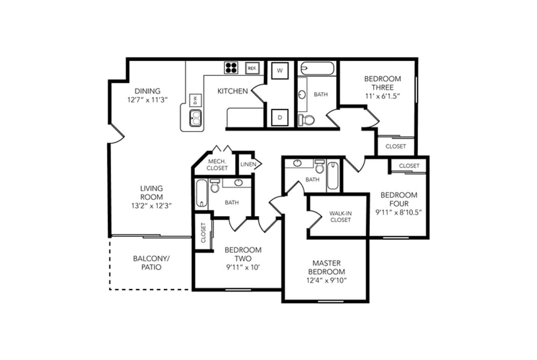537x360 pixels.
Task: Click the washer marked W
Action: coord(280,70)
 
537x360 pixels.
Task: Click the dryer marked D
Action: coord(280,118)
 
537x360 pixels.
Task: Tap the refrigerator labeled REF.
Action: coord(252,68)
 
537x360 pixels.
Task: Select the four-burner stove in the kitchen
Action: coord(231,68)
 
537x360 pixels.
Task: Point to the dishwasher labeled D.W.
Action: coord(195,100)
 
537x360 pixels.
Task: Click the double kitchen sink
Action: coord(195,118)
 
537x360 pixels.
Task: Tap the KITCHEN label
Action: coord(233,91)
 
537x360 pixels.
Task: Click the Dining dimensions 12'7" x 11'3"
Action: coord(147,100)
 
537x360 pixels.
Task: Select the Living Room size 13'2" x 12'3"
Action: coord(151,206)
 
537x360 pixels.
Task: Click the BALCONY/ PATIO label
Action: coord(151,263)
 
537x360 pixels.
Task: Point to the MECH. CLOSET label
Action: coord(217,165)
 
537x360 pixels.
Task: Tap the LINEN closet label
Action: coord(248,164)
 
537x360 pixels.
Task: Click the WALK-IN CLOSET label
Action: coord(340,217)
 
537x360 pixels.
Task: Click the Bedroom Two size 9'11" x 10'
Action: coord(243,267)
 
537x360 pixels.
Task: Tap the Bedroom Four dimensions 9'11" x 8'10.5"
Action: coord(398,212)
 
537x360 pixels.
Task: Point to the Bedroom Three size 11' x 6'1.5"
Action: coord(382,96)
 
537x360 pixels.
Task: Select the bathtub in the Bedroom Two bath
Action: coord(202,193)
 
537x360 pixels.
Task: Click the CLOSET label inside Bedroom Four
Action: coord(409,166)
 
